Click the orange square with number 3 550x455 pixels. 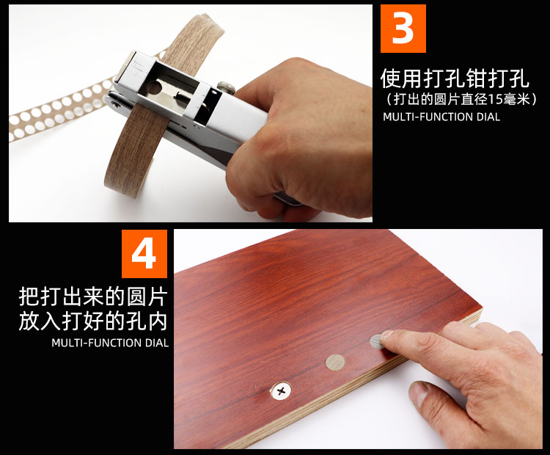(x=403, y=29)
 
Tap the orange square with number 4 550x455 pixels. (x=144, y=253)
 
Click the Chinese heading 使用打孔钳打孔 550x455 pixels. (x=455, y=78)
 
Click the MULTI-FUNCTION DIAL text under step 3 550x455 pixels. (x=441, y=117)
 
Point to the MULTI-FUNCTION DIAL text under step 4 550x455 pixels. (x=110, y=343)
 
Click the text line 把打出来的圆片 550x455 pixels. (x=93, y=297)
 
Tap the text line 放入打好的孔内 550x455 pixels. (x=93, y=321)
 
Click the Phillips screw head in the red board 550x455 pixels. (x=281, y=390)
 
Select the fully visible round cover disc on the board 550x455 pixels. (x=335, y=363)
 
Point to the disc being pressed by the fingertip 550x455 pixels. (x=377, y=341)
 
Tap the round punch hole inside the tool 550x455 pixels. (x=154, y=87)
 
